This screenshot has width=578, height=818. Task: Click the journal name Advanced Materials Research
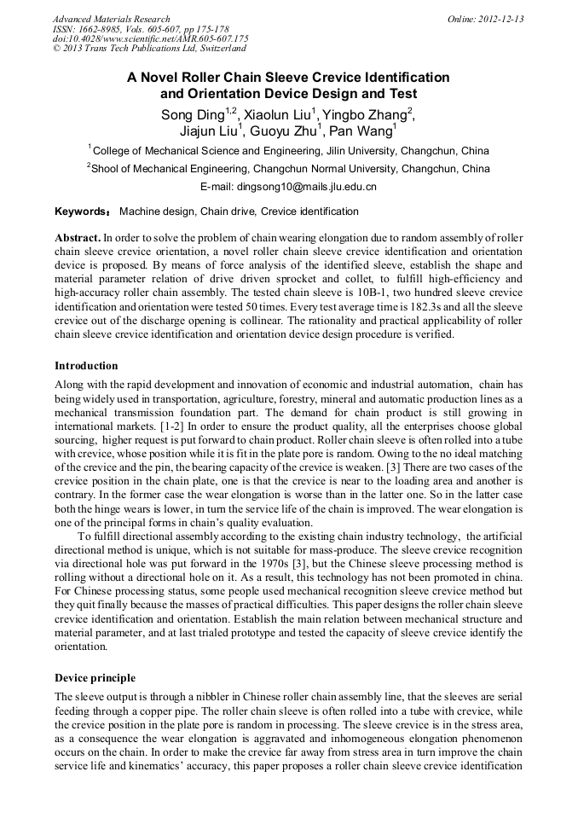[111, 19]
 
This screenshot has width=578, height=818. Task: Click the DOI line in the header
[150, 39]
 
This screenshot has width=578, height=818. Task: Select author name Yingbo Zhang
[366, 115]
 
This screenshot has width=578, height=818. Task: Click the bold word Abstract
[78, 237]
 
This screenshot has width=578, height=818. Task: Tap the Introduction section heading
[86, 366]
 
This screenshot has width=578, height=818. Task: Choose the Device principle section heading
[95, 678]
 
